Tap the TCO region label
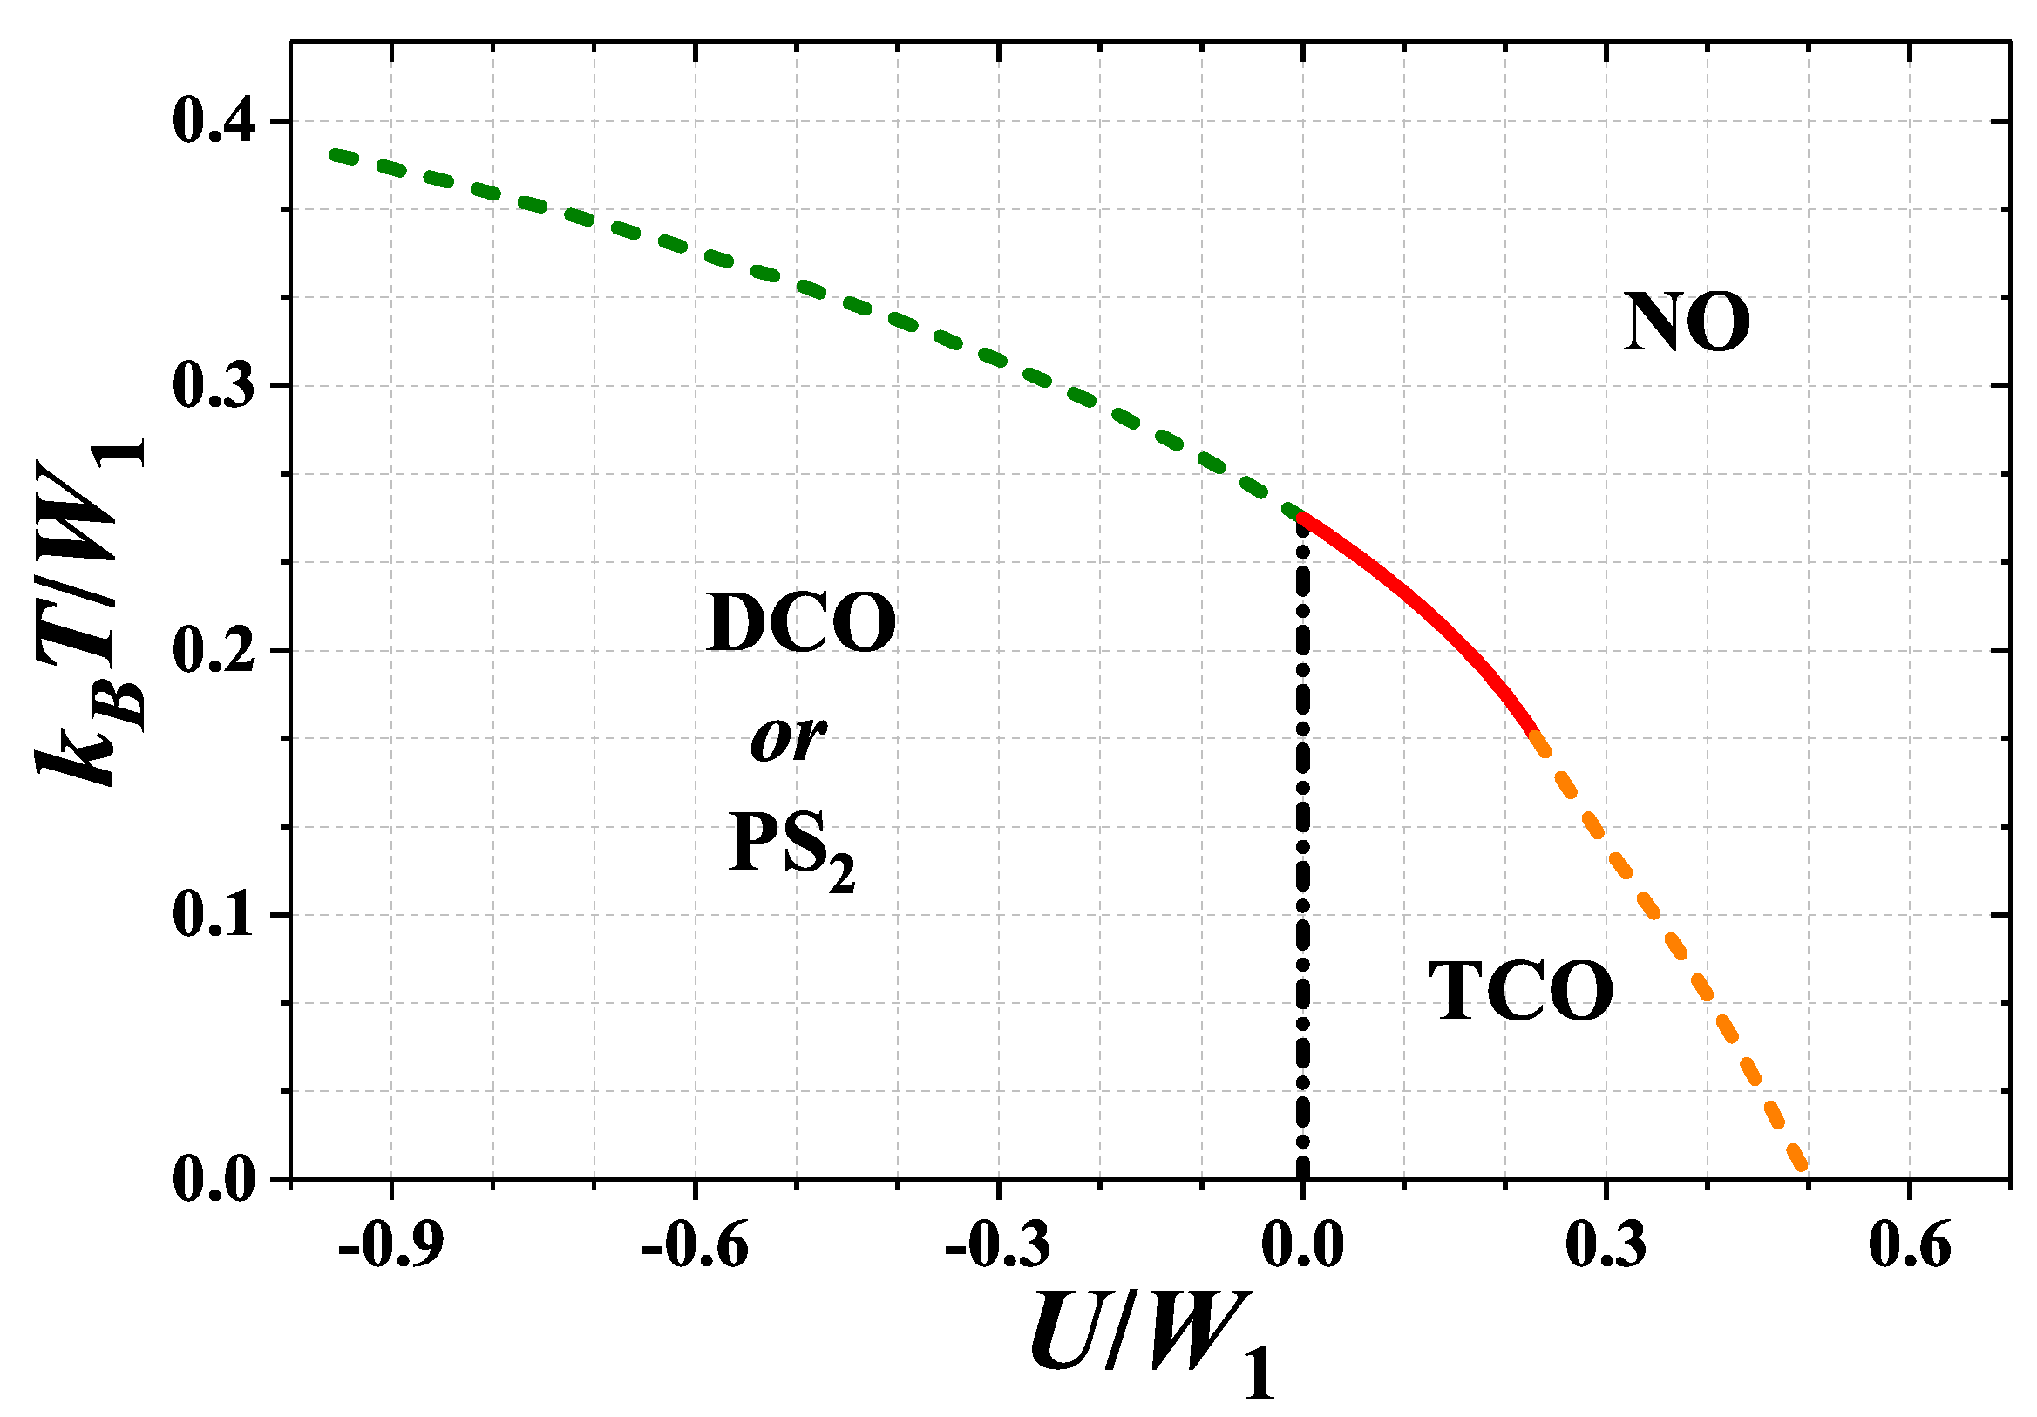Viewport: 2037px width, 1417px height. point(1521,992)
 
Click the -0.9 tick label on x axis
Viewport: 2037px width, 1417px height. point(390,1245)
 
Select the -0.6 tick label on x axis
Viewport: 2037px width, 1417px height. point(695,1245)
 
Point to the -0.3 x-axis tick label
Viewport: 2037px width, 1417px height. point(998,1245)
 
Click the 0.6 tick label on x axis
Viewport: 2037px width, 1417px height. point(1909,1245)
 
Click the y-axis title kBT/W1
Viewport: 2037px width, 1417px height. point(89,613)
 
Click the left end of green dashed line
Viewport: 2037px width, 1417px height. point(336,154)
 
